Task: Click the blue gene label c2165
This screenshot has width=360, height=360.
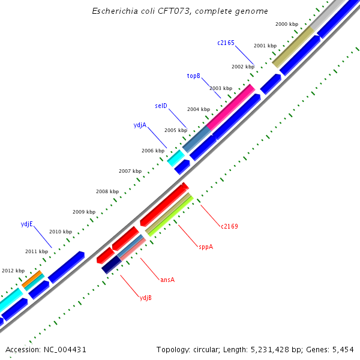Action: click(226, 43)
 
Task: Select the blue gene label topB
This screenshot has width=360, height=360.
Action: click(193, 76)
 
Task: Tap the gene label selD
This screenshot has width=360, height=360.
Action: click(161, 106)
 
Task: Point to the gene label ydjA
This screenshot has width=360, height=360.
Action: click(140, 125)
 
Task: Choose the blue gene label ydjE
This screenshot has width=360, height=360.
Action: click(26, 224)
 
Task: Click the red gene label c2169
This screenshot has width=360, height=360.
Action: click(229, 226)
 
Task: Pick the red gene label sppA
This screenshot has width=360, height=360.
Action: click(205, 247)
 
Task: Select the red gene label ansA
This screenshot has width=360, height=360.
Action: click(167, 280)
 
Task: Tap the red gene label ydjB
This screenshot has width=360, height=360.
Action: click(145, 298)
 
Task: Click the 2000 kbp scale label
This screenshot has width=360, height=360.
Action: click(286, 24)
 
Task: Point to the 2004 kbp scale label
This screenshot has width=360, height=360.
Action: click(198, 109)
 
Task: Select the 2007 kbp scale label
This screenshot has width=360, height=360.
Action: click(130, 171)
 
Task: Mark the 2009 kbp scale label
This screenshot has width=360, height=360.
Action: click(84, 212)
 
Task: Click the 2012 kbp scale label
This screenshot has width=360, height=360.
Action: click(13, 271)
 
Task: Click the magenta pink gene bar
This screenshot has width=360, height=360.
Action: click(230, 107)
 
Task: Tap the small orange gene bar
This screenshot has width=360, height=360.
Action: click(32, 278)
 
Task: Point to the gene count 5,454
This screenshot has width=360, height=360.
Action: click(342, 349)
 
